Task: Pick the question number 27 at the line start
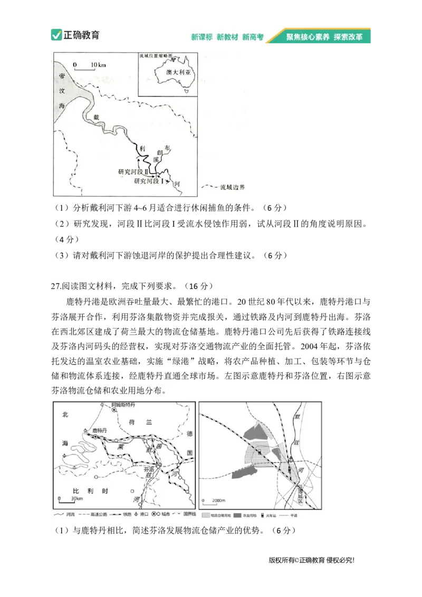(x=57, y=286)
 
